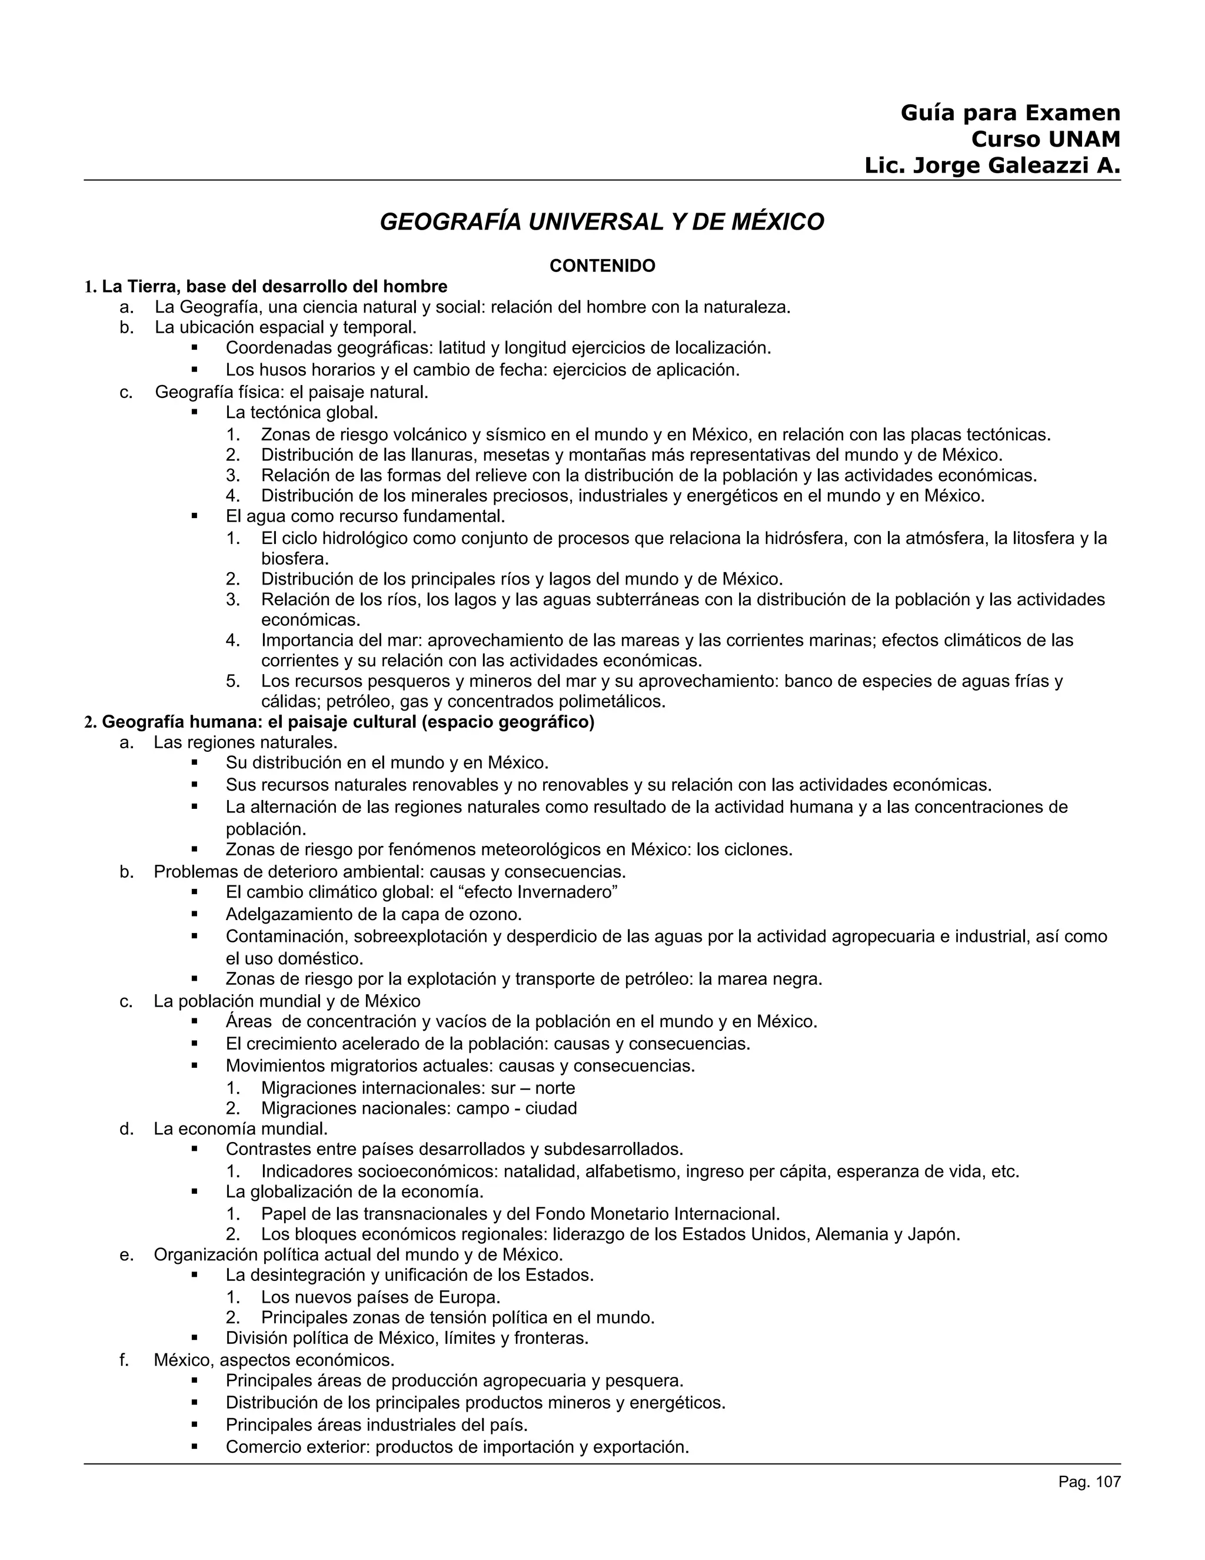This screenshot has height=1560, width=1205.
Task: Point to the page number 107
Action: [1108, 1482]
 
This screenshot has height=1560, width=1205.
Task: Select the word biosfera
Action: [295, 559]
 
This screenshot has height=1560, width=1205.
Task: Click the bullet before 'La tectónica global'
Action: [194, 413]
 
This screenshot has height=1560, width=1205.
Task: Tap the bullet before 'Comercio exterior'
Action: [194, 1447]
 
